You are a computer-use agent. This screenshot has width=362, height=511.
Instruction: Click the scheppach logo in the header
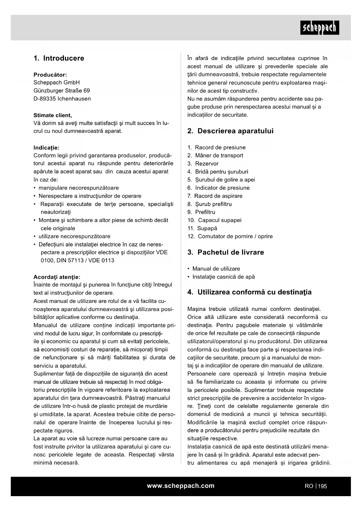coord(319,28)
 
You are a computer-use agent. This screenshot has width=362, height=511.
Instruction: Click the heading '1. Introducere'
coord(59,58)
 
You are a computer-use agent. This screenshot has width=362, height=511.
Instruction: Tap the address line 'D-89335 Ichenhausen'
coord(62,99)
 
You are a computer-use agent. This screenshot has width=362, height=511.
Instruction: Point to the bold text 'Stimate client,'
coord(53,115)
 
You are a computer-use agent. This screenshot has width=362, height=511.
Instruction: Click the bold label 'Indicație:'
coord(46,148)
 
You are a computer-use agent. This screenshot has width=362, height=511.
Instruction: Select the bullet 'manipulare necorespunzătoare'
coord(78,188)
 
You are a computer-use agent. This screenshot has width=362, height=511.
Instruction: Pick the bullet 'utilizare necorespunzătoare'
coord(74,236)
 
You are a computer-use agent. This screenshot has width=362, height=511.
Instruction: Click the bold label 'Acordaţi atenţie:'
coord(57,277)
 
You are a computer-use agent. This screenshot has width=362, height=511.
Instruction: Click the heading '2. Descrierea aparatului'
coord(230,131)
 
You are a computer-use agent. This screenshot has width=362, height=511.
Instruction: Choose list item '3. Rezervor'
coord(203,164)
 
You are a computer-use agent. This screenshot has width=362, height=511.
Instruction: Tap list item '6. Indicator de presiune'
coord(218,188)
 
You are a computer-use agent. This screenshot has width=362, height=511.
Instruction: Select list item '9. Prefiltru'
coord(201,212)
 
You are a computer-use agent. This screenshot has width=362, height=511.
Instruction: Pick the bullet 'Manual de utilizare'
coord(216,269)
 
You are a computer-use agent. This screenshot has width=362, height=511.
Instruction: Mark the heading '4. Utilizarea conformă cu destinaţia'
coord(249,292)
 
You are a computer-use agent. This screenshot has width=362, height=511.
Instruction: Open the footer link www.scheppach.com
coord(181,486)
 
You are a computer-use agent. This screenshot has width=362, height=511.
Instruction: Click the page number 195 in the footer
coord(322,486)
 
